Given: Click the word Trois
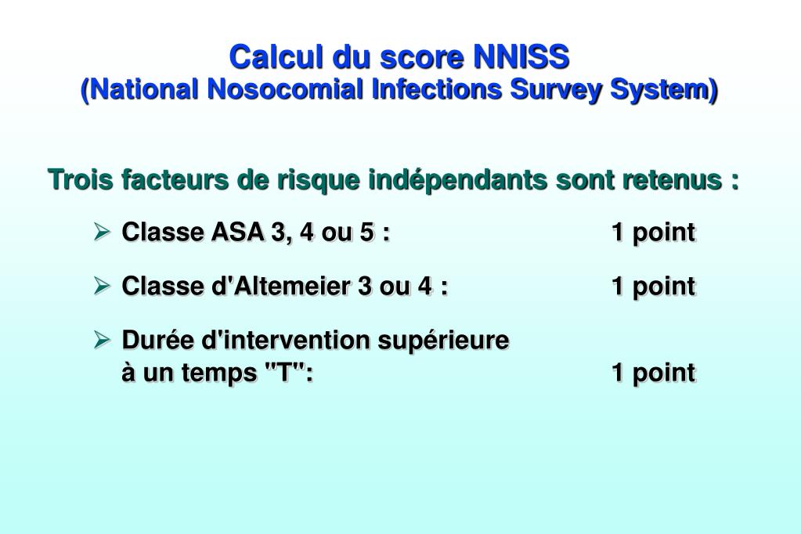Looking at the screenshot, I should [x=81, y=180].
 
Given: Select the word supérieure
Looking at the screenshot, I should [x=444, y=341].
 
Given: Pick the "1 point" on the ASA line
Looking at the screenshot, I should [x=653, y=233].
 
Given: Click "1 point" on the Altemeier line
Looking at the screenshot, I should [x=653, y=287].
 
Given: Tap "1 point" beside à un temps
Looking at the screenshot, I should [x=653, y=373].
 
